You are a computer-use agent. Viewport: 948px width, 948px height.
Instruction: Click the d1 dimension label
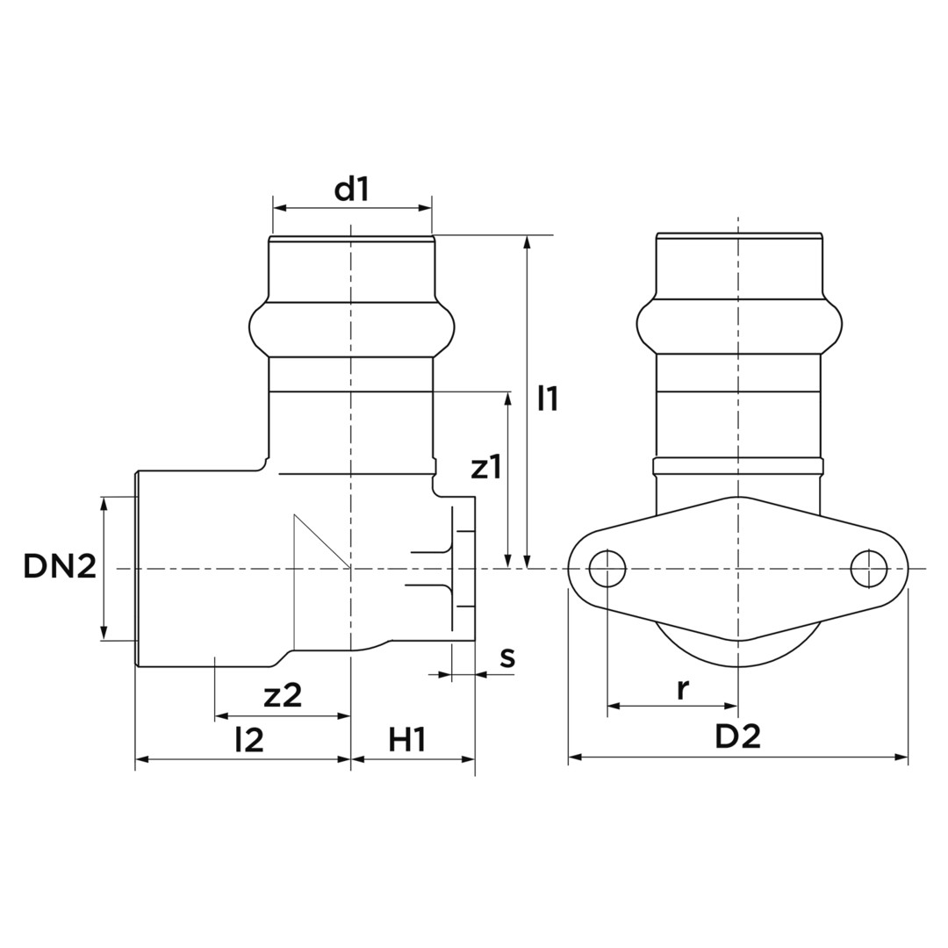pos(351,190)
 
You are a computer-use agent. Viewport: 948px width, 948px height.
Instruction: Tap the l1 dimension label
pos(549,399)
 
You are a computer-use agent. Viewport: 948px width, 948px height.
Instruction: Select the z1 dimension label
pos(486,467)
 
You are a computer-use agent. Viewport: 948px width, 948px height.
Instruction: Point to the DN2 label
pos(60,566)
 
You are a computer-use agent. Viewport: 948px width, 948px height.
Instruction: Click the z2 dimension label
pos(283,695)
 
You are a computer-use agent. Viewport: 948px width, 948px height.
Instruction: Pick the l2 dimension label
pos(249,739)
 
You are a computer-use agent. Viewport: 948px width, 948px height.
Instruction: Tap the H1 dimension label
pos(407,739)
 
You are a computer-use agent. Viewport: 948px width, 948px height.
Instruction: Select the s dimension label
pos(508,657)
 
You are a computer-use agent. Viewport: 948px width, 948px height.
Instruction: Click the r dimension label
pos(683,689)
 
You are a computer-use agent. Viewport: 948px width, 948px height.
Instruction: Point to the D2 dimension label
pos(737,736)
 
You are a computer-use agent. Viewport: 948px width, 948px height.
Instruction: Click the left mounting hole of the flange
pos(607,569)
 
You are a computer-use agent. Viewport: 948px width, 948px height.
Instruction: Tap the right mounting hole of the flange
pos(869,569)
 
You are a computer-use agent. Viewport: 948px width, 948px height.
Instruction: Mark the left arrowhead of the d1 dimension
pos(280,208)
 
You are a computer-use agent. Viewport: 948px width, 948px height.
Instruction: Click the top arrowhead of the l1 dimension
pos(528,242)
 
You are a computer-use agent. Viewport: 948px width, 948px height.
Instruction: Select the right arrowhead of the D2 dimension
pos(901,757)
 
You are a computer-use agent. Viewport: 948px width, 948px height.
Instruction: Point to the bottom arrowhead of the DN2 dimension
pos(104,632)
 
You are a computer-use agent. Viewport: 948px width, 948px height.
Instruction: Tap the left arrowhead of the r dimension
pos(614,706)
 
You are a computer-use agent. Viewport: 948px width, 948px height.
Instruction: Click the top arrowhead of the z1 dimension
pos(508,399)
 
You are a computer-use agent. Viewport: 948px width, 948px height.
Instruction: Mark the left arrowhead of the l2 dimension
pos(142,758)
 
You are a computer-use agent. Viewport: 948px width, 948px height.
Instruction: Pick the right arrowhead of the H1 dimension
pos(468,758)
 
